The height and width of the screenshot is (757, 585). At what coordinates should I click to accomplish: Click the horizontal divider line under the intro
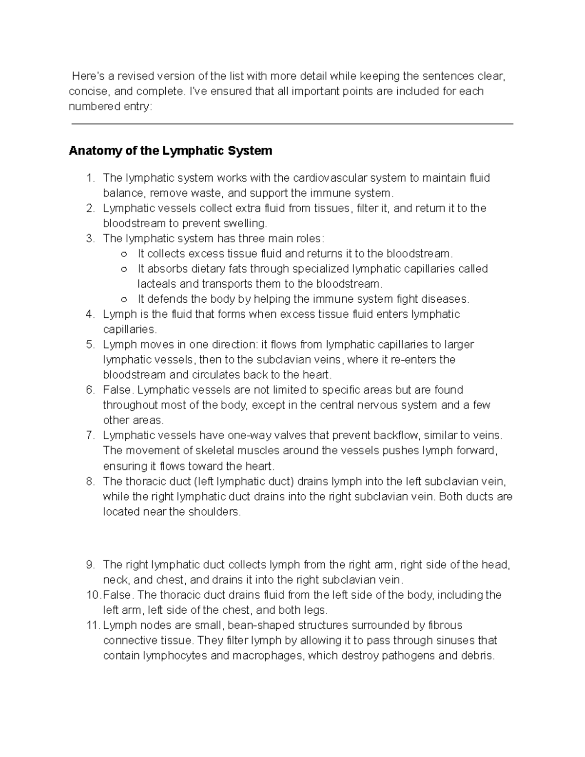coord(292,124)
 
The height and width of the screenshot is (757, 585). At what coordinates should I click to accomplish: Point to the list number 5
coord(90,345)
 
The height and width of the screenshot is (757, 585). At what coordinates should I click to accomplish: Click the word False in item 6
coord(117,390)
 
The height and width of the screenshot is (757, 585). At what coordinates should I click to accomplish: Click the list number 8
coord(90,482)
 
